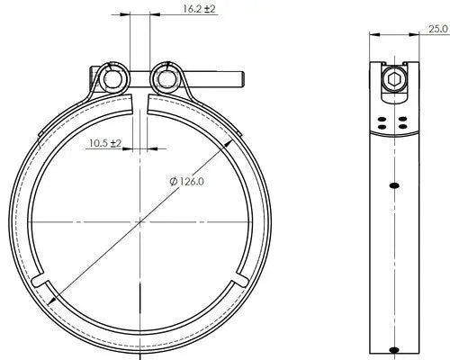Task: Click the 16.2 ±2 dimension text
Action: [x=199, y=9]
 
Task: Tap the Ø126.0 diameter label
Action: [x=186, y=182]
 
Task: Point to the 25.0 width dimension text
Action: [x=438, y=29]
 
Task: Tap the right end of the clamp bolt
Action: [x=242, y=79]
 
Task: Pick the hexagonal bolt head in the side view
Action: [x=393, y=79]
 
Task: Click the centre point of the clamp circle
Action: [x=140, y=222]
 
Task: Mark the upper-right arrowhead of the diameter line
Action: [x=229, y=144]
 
